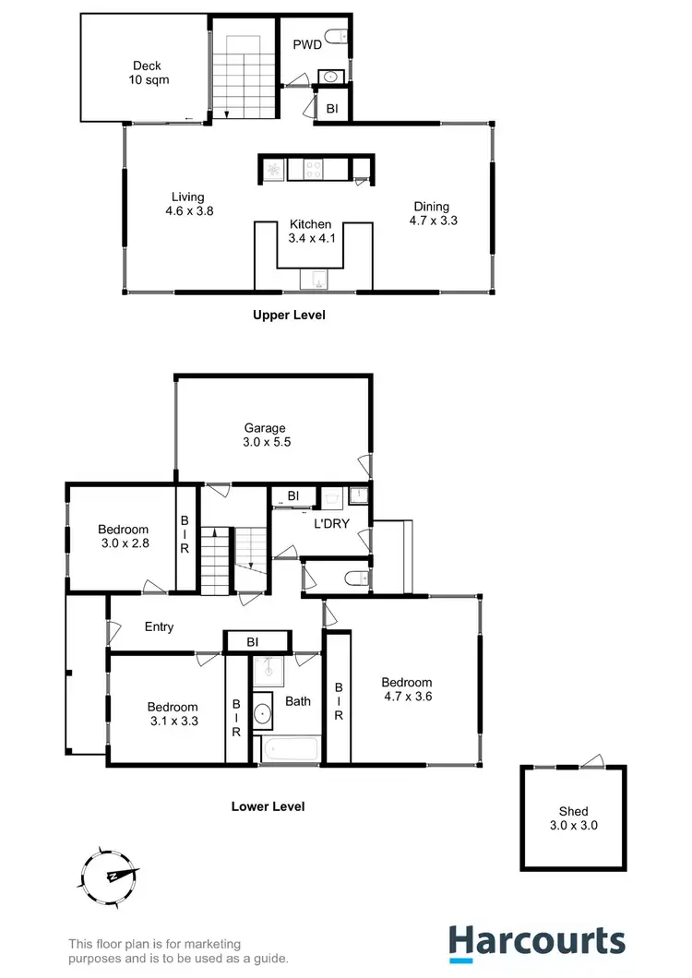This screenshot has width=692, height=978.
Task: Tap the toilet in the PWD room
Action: click(340, 38)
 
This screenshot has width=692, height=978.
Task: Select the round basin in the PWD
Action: click(328, 76)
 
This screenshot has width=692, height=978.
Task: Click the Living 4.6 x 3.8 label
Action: click(187, 204)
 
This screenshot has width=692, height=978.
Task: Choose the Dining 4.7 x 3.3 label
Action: click(433, 213)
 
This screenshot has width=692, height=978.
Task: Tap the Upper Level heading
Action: click(289, 315)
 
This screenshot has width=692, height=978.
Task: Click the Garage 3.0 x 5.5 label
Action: click(265, 435)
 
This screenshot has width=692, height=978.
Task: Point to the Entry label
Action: click(159, 627)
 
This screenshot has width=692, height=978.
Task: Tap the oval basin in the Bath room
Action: click(262, 712)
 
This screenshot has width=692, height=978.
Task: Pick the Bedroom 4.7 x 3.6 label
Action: click(407, 690)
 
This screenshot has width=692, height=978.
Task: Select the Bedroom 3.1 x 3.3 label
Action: click(173, 715)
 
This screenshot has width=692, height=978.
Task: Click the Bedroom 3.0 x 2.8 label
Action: click(124, 536)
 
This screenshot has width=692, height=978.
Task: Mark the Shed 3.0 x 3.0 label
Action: click(573, 818)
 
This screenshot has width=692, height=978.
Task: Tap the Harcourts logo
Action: click(536, 941)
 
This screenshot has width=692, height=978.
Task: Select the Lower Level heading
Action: click(268, 806)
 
